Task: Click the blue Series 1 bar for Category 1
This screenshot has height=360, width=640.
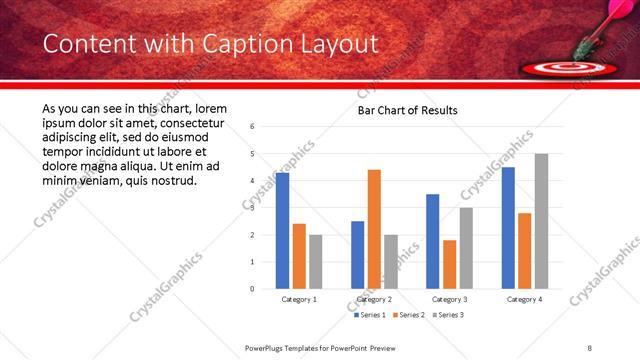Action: point(283,231)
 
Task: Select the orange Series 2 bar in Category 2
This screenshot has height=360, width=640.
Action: point(374,229)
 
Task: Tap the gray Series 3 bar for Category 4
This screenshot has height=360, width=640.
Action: point(541,221)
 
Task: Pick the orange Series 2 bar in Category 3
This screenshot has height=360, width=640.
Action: point(450,264)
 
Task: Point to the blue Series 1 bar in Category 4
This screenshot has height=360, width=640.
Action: point(508,228)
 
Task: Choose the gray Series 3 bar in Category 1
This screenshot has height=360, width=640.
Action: point(316,262)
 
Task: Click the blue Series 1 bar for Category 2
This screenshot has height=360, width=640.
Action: point(358,255)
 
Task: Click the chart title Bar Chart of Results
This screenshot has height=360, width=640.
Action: point(407,110)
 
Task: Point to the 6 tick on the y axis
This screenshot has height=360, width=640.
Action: point(253,127)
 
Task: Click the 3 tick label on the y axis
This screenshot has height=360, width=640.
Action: point(253,208)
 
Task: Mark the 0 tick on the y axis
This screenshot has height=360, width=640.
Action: point(253,289)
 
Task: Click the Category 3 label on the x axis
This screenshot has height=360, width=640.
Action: point(450,299)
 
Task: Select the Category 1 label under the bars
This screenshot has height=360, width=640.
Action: point(299,299)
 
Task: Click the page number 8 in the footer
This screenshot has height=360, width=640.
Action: point(590,348)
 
